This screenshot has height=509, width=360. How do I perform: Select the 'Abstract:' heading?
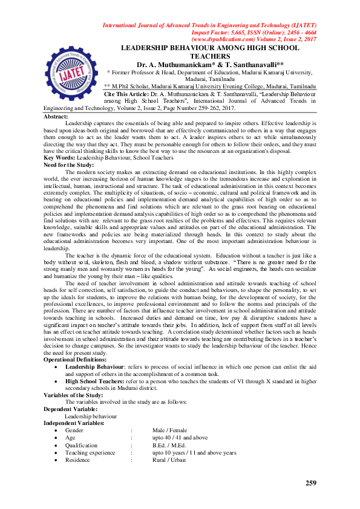click(x=56, y=116)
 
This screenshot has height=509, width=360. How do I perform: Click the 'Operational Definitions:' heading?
click(x=78, y=359)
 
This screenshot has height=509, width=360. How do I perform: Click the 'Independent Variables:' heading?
click(x=74, y=423)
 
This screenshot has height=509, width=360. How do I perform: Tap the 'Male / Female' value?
click(x=171, y=430)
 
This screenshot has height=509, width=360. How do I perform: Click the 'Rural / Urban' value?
click(x=169, y=459)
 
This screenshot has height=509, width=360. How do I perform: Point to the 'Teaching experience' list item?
click(x=90, y=452)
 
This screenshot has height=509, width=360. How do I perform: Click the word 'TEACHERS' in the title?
click(x=211, y=55)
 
